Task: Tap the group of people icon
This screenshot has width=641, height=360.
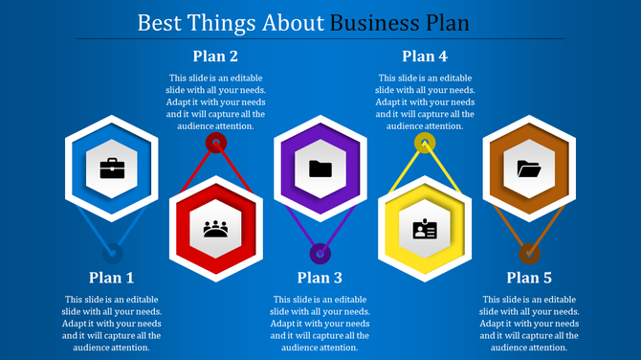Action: click(216, 230)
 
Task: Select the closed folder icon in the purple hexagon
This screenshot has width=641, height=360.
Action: click(320, 169)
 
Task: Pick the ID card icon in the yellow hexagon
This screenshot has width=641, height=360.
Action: click(425, 230)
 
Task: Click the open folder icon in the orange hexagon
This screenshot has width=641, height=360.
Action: click(529, 169)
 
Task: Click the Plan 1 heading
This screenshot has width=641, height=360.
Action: click(112, 278)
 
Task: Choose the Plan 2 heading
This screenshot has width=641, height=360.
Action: click(216, 56)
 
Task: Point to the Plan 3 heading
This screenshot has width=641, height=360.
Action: click(320, 278)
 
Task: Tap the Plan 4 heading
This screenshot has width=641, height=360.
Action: click(425, 56)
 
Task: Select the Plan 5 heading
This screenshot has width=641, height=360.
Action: click(529, 278)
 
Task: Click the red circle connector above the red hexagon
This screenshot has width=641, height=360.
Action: click(216, 144)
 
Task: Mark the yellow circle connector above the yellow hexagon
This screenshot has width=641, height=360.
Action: click(425, 144)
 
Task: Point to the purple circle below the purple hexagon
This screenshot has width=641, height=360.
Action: click(320, 254)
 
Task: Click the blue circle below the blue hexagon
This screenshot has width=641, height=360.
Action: click(113, 254)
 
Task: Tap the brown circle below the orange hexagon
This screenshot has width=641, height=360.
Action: click(529, 254)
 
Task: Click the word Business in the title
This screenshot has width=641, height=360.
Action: click(376, 21)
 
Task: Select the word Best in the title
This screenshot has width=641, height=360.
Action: click(160, 21)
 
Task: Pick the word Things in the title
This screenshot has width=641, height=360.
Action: click(222, 21)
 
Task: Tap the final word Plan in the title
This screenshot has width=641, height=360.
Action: click(449, 21)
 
